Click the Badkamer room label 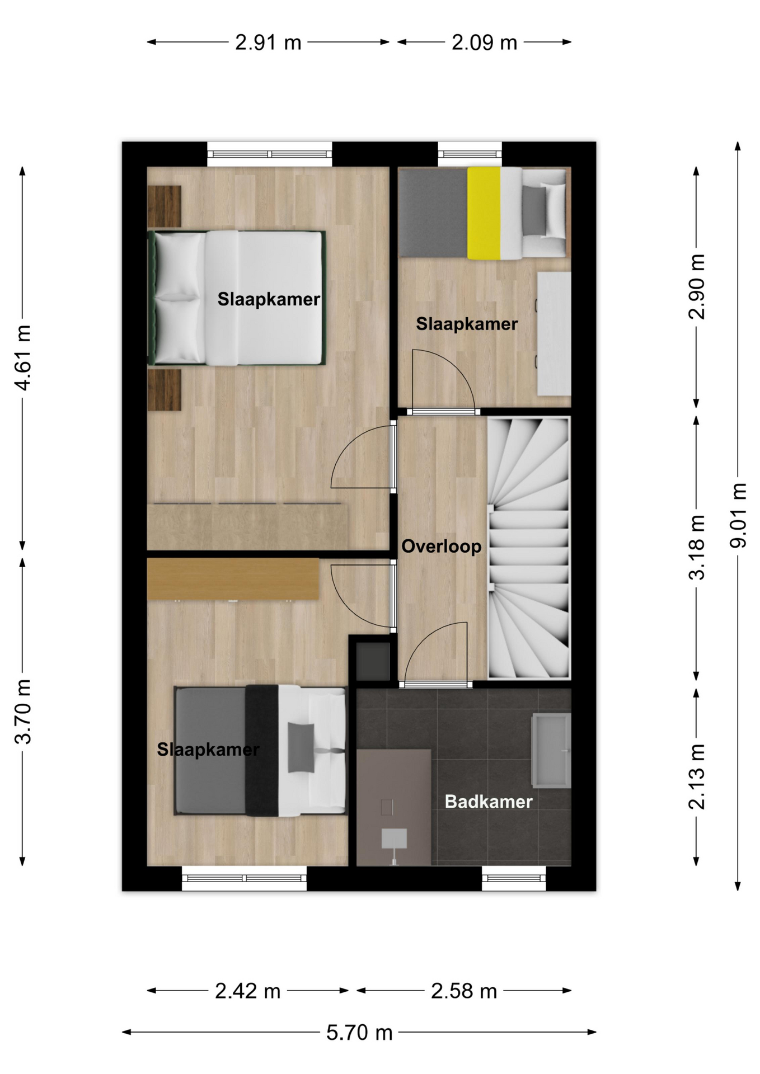pyautogui.click(x=489, y=802)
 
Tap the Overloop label pyautogui.click(x=442, y=546)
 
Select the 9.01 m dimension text pyautogui.click(x=738, y=515)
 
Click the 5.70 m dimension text pyautogui.click(x=359, y=1032)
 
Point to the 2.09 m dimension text pyautogui.click(x=484, y=43)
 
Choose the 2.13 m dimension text pyautogui.click(x=697, y=776)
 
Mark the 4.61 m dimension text pyautogui.click(x=23, y=357)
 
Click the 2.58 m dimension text pyautogui.click(x=464, y=991)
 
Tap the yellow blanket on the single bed pyautogui.click(x=484, y=213)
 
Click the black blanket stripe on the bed pyautogui.click(x=262, y=750)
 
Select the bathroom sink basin pyautogui.click(x=551, y=750)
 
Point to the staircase pyautogui.click(x=529, y=548)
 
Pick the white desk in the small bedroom pyautogui.click(x=554, y=333)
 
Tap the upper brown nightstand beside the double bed pyautogui.click(x=164, y=206)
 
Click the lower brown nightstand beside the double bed pyautogui.click(x=164, y=390)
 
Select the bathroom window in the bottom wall pyautogui.click(x=514, y=878)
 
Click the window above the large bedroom pyautogui.click(x=270, y=154)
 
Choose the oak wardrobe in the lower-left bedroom pyautogui.click(x=233, y=579)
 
